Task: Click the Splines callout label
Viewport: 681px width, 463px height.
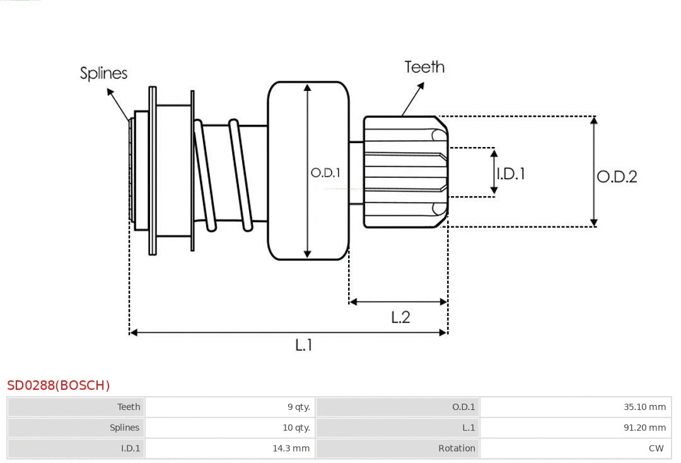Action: tap(103, 73)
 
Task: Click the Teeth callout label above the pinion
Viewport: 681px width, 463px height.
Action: tap(424, 67)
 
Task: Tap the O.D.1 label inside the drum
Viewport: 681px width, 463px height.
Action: tap(325, 172)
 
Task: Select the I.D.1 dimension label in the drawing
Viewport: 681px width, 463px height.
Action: tap(510, 173)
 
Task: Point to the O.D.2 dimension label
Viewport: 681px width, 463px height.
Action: tap(617, 177)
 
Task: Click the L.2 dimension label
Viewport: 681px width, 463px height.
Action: tap(400, 317)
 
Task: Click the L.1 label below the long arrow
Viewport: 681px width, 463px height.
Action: tap(304, 345)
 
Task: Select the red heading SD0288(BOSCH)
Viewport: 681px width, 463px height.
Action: tap(59, 385)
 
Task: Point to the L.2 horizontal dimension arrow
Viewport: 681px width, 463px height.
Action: tap(398, 302)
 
